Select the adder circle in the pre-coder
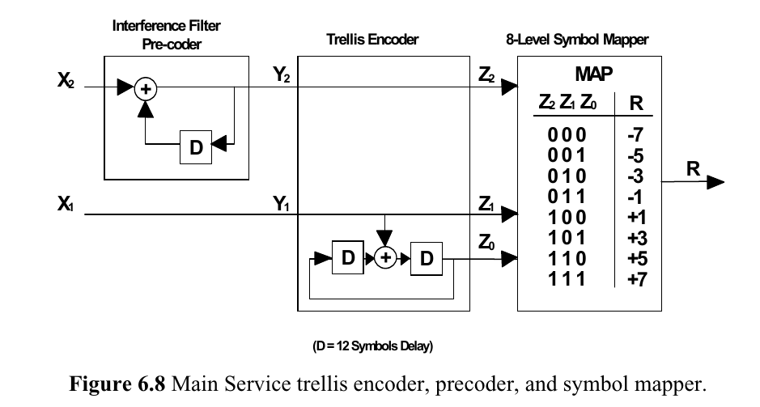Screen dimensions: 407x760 (145, 89)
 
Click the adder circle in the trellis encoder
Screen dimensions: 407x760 (386, 258)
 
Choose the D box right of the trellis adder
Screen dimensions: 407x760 (427, 258)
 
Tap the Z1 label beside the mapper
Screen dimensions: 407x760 (487, 205)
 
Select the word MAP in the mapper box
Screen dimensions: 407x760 (592, 74)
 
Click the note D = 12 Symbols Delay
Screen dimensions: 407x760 (373, 346)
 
